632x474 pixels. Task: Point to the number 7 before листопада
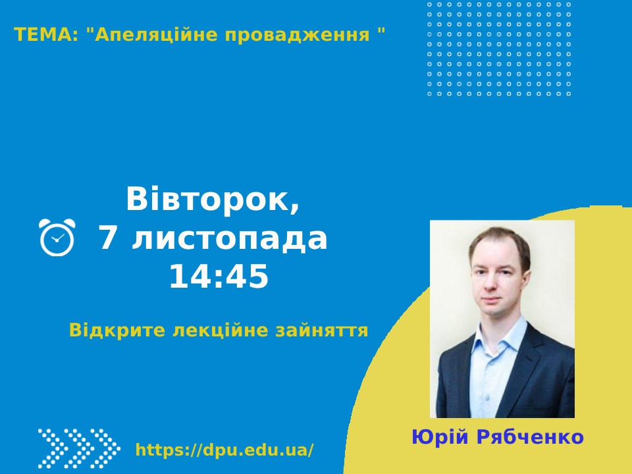click(107, 238)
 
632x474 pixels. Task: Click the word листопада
click(229, 239)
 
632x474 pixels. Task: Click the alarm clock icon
click(57, 237)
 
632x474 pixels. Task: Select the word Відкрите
click(117, 330)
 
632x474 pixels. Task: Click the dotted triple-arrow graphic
click(79, 448)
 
